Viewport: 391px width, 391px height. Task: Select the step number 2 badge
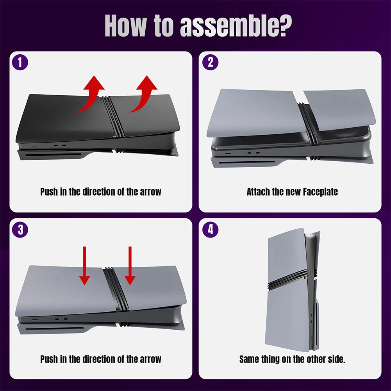coord(211,62)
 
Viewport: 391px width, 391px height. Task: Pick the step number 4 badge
coord(211,230)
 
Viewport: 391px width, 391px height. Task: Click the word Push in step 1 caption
coord(49,192)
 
